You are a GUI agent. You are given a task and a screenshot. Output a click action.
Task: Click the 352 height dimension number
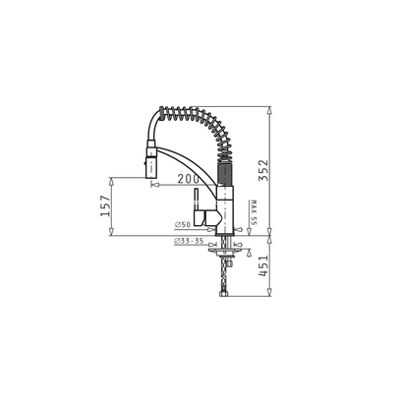(263, 170)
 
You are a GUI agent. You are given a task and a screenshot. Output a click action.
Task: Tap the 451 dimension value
(263, 265)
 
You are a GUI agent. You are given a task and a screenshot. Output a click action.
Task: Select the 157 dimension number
(105, 206)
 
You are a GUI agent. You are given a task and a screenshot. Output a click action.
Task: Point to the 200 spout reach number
(189, 179)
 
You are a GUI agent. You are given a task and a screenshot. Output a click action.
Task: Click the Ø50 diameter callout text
(183, 225)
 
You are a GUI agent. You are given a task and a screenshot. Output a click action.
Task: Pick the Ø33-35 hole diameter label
(189, 241)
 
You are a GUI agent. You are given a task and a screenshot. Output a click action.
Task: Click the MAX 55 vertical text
(253, 212)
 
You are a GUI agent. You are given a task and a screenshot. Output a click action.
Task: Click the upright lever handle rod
(196, 200)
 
